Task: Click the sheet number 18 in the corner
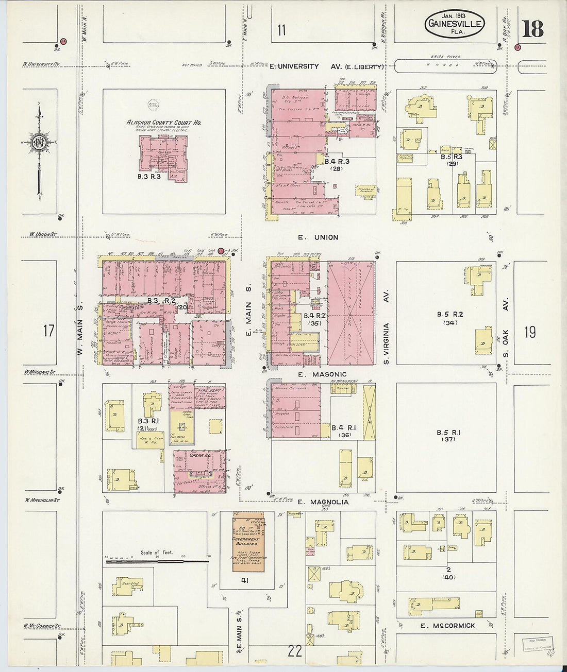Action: click(x=532, y=29)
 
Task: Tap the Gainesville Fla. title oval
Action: click(x=455, y=24)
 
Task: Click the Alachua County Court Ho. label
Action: click(x=164, y=123)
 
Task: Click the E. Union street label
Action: click(x=318, y=237)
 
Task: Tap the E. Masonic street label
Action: click(x=322, y=374)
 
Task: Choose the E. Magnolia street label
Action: click(x=323, y=502)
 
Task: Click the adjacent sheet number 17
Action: click(x=48, y=330)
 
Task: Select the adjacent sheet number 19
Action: click(x=530, y=332)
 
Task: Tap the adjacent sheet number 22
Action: click(x=295, y=651)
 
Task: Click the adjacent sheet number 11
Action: click(x=281, y=30)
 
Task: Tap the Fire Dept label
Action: click(x=209, y=390)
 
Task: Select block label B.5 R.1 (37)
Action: click(x=447, y=436)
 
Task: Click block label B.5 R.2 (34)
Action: click(x=447, y=318)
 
